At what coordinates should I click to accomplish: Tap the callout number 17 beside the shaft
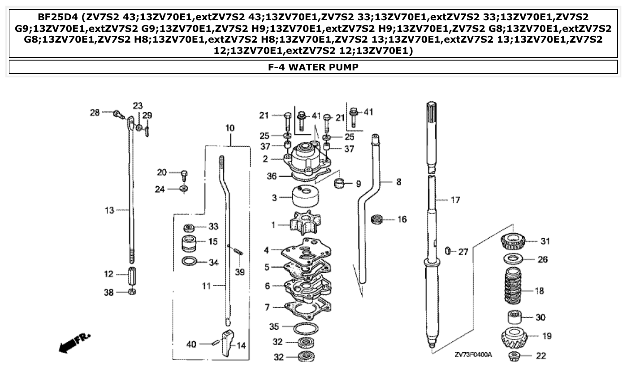pos(455,200)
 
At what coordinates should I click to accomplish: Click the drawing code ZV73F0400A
pos(473,355)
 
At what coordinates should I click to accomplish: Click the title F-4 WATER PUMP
pos(313,67)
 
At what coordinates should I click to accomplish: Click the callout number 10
pos(229,128)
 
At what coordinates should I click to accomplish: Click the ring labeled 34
pos(190,262)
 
